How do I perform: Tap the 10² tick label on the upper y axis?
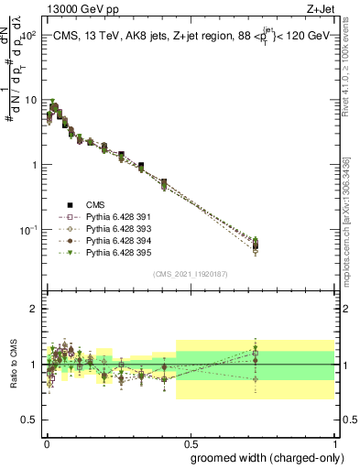coord(27,36)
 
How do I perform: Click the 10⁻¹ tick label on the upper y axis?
coord(27,230)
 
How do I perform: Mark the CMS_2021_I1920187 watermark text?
coord(191,274)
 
